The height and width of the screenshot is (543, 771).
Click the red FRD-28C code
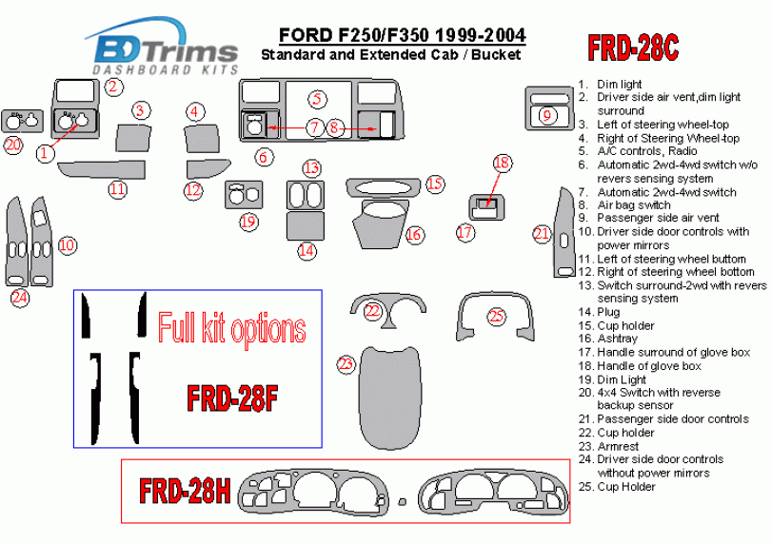click(632, 48)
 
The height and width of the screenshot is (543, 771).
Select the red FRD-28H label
click(186, 491)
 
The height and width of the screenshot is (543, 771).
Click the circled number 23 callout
click(346, 363)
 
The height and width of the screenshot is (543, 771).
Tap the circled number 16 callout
click(414, 234)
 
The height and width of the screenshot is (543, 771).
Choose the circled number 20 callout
click(13, 145)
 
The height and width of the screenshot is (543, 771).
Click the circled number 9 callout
click(546, 116)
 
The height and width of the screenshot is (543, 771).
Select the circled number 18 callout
click(502, 163)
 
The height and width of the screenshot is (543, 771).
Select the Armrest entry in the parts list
click(620, 446)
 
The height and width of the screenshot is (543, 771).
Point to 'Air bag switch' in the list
click(634, 204)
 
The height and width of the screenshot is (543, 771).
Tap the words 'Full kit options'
click(231, 329)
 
